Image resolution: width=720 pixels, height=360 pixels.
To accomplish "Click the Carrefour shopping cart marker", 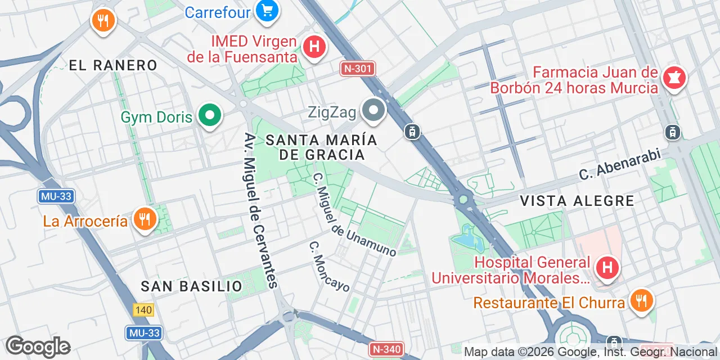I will [267, 11].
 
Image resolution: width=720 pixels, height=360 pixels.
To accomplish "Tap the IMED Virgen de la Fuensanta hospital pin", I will [314, 46].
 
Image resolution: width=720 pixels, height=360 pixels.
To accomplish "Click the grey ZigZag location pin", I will [373, 110].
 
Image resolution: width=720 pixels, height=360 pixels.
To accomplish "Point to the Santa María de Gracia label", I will [321, 147].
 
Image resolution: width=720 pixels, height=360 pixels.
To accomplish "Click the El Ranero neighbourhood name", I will [113, 65].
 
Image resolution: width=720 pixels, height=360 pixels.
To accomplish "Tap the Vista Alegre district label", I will [577, 201].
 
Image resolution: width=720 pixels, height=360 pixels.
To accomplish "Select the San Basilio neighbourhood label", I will [192, 286].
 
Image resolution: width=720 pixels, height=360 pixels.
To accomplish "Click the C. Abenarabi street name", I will [619, 165].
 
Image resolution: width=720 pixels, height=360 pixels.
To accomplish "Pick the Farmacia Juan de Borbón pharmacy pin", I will [673, 78].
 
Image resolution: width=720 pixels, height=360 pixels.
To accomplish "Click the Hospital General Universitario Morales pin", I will [607, 268].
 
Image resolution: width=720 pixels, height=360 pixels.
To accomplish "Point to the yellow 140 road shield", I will [143, 310].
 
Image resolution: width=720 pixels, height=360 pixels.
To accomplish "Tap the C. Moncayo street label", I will [329, 267].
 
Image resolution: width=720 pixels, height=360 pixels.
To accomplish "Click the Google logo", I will [38, 346].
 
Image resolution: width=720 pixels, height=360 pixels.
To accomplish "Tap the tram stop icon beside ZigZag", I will [412, 132].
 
